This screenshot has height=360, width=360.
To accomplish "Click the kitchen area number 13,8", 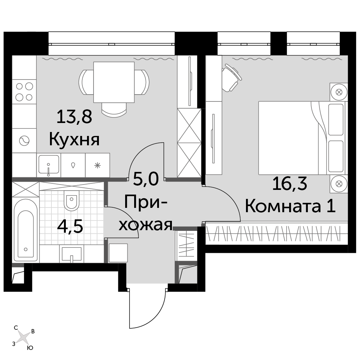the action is [x=74, y=117].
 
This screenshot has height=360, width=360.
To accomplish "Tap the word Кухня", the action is [x=74, y=140].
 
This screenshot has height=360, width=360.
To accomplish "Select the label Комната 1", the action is [x=290, y=206].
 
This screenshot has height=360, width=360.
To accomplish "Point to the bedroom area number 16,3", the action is [x=290, y=184].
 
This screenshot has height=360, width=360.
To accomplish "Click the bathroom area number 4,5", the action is [x=70, y=226].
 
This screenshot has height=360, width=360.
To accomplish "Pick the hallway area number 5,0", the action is [x=146, y=179].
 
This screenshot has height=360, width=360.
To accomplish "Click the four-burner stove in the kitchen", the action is [x=24, y=92].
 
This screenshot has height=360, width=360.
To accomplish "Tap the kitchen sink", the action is [x=49, y=165].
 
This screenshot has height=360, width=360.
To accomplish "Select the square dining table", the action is [x=114, y=82].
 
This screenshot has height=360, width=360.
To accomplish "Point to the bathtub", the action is [x=26, y=230].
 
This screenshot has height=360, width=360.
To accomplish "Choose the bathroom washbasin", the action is [x=72, y=254].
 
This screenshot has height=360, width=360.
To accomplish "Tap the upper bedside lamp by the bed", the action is [x=339, y=92].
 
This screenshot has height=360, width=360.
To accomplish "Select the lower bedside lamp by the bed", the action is [x=339, y=184].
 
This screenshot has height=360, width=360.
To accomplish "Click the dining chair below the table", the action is [x=114, y=109].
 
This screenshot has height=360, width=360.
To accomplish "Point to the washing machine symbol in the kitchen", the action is [x=24, y=141].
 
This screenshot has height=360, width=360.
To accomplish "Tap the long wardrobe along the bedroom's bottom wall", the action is [x=277, y=233].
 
